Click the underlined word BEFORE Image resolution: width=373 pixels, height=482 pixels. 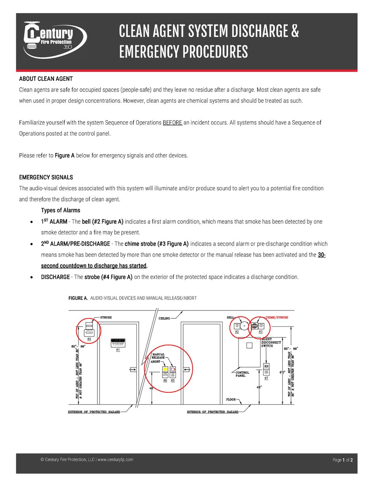pos(172,123)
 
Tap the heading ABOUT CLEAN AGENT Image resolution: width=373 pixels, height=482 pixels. pos(46,79)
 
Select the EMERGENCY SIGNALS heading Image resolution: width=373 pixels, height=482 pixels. pos(46,177)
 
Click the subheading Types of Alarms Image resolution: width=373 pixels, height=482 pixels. pos(61,210)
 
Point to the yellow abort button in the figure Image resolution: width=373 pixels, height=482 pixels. pos(165,370)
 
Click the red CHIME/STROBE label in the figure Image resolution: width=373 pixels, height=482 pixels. pos(277,317)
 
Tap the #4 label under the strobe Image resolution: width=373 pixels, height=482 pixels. pos(89,339)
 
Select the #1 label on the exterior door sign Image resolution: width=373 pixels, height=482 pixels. pos(118,350)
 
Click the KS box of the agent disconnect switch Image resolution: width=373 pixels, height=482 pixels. pos(266,366)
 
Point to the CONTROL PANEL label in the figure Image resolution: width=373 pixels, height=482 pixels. pos(242,374)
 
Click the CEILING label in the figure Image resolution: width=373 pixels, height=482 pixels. pos(164,319)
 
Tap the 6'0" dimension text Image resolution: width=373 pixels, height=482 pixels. pos(282,372)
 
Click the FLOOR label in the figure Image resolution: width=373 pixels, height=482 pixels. pos(231,399)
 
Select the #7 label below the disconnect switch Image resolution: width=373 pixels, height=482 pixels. pos(266,378)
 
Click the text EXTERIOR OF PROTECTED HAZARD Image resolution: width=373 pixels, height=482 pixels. pos(94,412)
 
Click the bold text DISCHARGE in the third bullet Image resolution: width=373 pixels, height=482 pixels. pos(55,277)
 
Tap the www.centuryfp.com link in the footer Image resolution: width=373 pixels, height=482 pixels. pos(115,459)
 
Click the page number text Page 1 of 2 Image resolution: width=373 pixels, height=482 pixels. pos(342,460)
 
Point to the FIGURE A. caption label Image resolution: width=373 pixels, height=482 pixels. pos(78,298)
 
